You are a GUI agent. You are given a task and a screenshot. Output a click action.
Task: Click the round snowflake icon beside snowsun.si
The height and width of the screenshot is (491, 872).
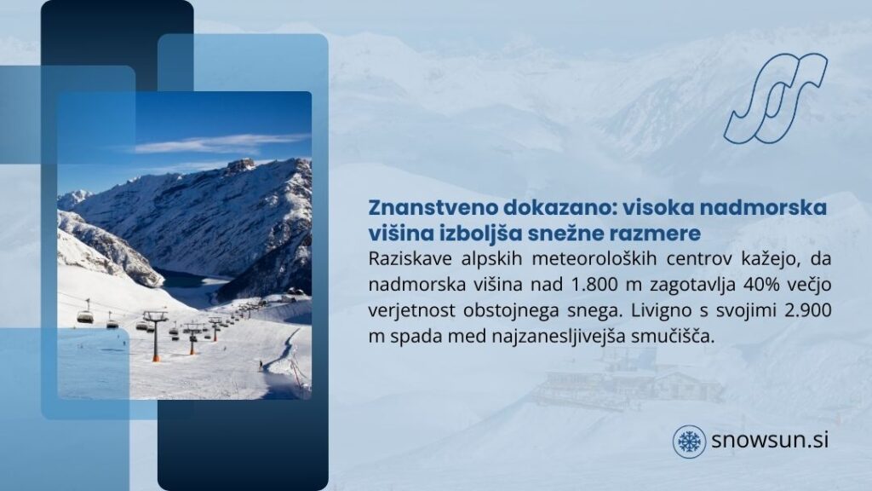tap(689, 442)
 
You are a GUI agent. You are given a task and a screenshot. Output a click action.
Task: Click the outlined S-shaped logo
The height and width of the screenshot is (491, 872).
tap(776, 97)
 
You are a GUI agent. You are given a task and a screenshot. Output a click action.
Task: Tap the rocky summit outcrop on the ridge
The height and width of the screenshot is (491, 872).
tap(240, 165)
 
